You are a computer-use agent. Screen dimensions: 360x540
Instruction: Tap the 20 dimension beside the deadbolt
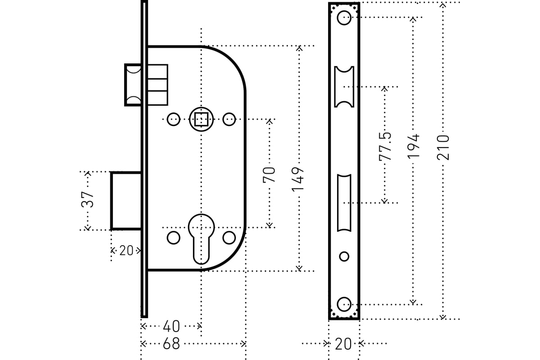126,251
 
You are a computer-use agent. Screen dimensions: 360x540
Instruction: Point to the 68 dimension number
171,344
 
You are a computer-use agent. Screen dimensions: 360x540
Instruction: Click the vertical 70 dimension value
269,174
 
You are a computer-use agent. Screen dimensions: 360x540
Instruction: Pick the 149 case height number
299,179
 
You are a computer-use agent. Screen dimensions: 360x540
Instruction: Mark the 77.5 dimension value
385,146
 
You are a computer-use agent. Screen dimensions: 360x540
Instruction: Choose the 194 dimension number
413,145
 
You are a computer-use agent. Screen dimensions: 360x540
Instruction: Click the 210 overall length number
443,147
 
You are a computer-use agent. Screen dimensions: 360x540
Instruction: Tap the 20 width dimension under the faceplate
344,344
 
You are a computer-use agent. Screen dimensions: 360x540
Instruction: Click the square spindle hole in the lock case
201,119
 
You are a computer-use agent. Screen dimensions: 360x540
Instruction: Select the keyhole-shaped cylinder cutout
201,237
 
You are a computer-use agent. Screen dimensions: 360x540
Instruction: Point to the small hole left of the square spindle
173,119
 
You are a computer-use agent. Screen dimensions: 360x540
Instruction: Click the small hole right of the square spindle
229,119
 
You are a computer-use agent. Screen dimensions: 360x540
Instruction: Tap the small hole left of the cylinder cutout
173,238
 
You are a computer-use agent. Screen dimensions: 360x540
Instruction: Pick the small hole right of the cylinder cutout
229,238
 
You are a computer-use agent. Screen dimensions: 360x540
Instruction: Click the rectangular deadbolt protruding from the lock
126,201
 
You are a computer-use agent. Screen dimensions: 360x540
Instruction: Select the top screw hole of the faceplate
344,18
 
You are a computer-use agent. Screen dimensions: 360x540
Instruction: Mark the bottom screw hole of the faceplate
344,304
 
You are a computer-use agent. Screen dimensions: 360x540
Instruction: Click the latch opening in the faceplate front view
344,86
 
